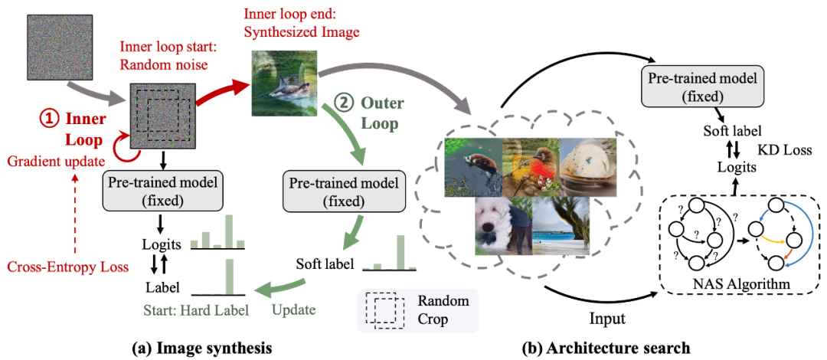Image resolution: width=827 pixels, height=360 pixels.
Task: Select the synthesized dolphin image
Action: point(283,82)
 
